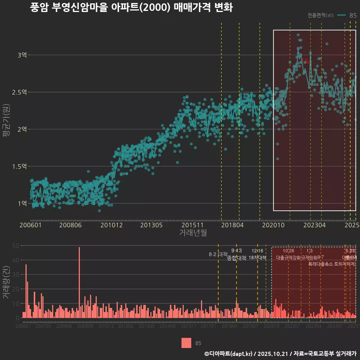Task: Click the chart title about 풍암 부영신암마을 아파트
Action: point(131,8)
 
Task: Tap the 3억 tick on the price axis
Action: point(22,55)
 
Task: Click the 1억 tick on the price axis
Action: point(22,204)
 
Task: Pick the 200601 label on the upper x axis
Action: point(30,225)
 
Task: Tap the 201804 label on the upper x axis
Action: point(232,225)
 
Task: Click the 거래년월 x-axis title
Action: point(193,233)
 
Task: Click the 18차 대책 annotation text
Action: point(257,258)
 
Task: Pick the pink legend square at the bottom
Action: point(186,343)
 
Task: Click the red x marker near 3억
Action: point(306,60)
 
